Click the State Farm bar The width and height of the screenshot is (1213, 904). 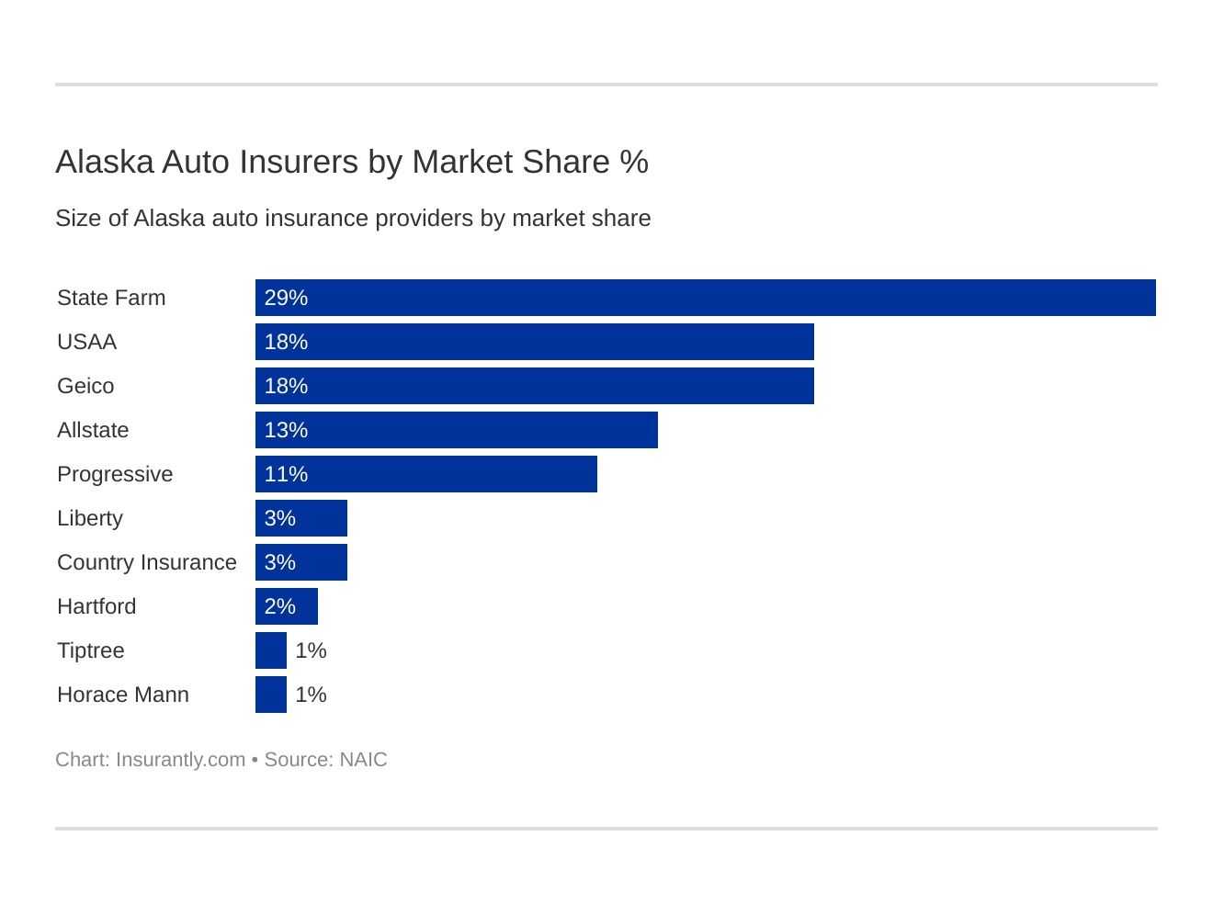tap(705, 298)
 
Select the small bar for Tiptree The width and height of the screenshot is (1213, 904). tap(271, 650)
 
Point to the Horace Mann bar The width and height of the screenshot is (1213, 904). tap(271, 695)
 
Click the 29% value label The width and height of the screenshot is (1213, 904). tap(286, 298)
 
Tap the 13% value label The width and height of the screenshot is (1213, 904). tap(286, 430)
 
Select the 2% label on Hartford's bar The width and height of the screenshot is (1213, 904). tap(280, 606)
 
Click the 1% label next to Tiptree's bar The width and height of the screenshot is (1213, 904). tap(311, 650)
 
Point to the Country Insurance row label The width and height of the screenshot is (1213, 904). tap(147, 562)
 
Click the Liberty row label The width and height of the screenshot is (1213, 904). tap(90, 518)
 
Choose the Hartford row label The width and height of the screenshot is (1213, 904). tap(96, 606)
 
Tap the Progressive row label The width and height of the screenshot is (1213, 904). tap(115, 474)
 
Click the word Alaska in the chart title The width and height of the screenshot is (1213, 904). tap(104, 162)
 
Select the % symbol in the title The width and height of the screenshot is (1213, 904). tap(634, 162)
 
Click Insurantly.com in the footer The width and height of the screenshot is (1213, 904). tap(180, 760)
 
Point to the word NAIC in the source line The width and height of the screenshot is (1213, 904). tap(363, 760)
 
